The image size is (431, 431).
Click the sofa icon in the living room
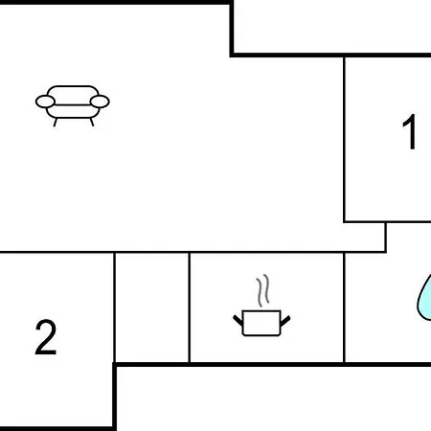[x=73, y=105]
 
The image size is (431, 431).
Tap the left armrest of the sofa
[x=45, y=102]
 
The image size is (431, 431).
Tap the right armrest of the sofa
[x=100, y=102]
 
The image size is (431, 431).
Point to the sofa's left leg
[x=56, y=123]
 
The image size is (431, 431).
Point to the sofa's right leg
[x=92, y=123]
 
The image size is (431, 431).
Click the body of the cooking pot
[x=261, y=323]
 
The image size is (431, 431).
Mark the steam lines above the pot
[x=263, y=290]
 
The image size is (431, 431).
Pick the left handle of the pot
[x=238, y=320]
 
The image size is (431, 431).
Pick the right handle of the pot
[x=285, y=321]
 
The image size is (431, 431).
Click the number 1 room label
[x=410, y=131]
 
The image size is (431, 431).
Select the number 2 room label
[x=46, y=337]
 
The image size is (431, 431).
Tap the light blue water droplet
[x=424, y=299]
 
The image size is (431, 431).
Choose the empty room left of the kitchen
[x=151, y=307]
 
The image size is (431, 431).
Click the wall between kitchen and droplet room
[x=344, y=307]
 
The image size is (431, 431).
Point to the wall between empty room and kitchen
[x=190, y=307]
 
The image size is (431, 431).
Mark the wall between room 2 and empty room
[x=114, y=307]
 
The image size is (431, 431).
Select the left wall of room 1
[x=344, y=139]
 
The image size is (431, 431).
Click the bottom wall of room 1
[x=387, y=221]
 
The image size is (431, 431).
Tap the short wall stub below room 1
[x=386, y=237]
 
